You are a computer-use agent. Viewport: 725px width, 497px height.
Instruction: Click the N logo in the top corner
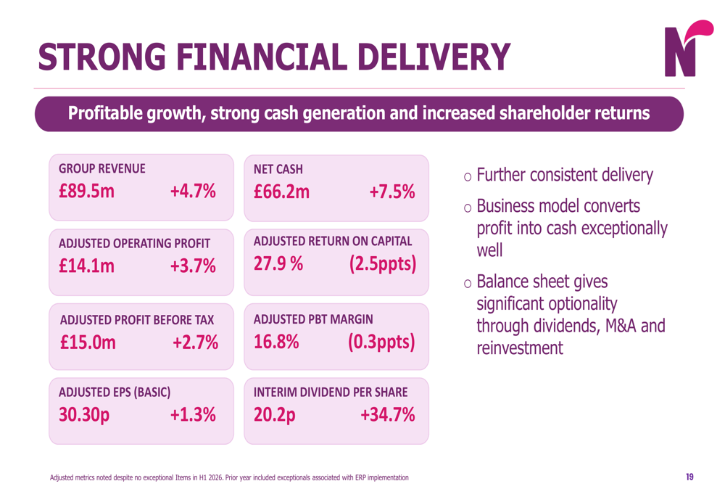688,49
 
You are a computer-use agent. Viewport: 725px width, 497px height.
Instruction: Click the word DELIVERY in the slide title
434,57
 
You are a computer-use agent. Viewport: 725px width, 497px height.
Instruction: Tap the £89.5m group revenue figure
86,191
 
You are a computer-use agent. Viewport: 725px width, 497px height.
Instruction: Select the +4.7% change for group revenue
193,191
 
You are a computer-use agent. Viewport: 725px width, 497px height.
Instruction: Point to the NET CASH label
278,169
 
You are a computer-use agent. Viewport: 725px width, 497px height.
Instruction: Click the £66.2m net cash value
281,192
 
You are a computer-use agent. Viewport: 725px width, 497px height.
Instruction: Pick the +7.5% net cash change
392,192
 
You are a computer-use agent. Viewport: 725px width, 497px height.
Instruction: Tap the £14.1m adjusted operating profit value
86,266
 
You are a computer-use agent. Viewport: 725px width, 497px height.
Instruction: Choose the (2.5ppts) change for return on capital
383,264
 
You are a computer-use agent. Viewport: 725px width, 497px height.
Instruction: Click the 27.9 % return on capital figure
278,264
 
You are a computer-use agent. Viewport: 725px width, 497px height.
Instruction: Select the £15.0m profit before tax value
88,342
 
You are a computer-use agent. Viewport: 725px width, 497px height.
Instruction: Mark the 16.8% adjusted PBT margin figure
276,342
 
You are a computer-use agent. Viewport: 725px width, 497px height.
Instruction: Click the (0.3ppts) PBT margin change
381,342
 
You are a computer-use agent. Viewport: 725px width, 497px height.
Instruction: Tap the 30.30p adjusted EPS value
84,415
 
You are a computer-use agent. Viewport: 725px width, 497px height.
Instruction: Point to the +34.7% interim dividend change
387,414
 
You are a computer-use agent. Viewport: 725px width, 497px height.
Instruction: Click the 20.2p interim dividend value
275,415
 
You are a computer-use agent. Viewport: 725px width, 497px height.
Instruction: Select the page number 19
689,477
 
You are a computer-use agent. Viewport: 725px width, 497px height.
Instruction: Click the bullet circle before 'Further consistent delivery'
468,177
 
